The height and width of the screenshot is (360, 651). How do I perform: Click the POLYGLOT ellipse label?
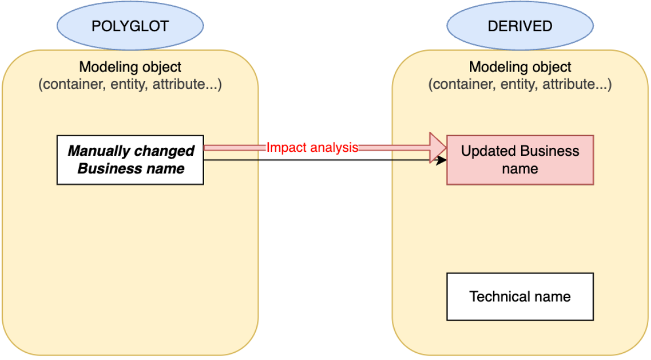click(x=130, y=26)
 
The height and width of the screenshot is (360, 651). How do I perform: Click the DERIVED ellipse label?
click(x=520, y=26)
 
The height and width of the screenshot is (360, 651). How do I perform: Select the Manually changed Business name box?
click(x=130, y=160)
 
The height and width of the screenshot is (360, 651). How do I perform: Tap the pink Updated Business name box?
click(x=520, y=160)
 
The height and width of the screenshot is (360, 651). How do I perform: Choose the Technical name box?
click(x=520, y=296)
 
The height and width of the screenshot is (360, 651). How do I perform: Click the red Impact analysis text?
click(x=313, y=148)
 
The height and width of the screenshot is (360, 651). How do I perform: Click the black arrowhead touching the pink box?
click(x=442, y=160)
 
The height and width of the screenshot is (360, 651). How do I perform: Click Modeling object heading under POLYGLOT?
click(x=130, y=67)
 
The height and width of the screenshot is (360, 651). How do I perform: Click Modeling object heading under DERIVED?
click(x=520, y=67)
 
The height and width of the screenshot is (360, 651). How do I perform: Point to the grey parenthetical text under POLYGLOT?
click(x=130, y=85)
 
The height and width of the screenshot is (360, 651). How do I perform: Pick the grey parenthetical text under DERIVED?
click(x=520, y=85)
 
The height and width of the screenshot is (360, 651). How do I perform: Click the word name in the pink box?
click(x=520, y=169)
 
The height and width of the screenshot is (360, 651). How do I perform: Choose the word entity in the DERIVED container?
click(x=512, y=85)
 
